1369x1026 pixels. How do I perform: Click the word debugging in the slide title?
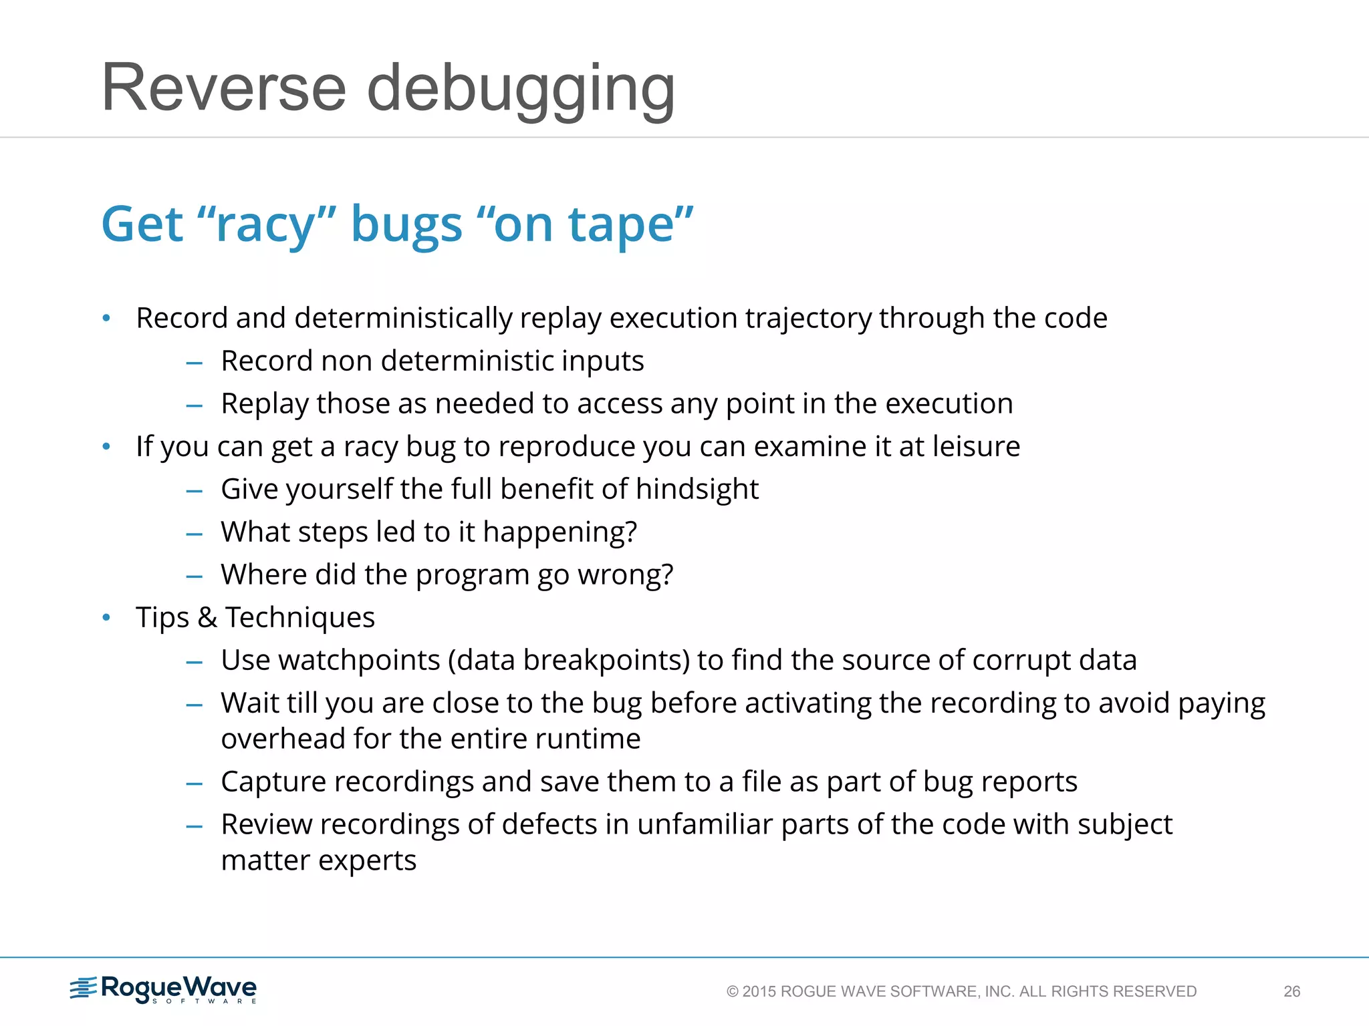point(521,90)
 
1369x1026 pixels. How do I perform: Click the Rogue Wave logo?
point(164,989)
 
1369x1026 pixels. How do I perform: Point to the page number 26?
point(1291,991)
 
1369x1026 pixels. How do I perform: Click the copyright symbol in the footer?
point(733,991)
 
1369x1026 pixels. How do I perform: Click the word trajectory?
point(808,319)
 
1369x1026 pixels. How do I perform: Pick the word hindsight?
point(697,490)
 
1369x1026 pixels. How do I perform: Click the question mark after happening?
point(630,532)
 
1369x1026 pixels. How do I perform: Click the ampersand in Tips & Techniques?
point(207,617)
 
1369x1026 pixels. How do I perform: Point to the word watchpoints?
point(359,661)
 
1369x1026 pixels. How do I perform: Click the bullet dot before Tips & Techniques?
point(106,617)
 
